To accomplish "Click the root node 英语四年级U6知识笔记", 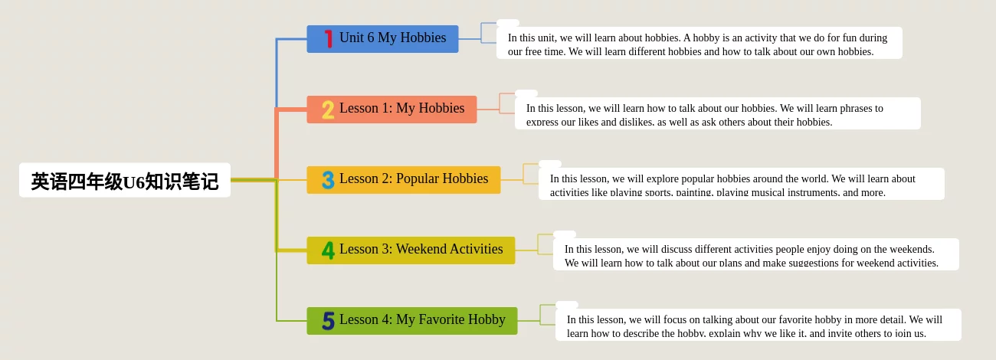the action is [x=124, y=180].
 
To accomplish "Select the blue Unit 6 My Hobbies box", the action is [x=382, y=39].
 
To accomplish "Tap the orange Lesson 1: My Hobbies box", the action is [x=392, y=110].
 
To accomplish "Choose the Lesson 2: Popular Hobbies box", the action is [x=404, y=179].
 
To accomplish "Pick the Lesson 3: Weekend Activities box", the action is [x=411, y=250].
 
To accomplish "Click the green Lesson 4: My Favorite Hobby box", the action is [x=412, y=321].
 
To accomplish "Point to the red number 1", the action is [x=329, y=38].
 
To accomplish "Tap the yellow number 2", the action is [x=328, y=110].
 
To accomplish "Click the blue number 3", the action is [x=328, y=180].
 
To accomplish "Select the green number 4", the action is [x=328, y=250].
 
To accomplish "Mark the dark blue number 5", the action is [x=328, y=321].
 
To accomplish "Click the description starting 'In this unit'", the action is [x=699, y=43].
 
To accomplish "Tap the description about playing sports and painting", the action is [x=742, y=184].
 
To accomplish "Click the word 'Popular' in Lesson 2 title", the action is [x=417, y=178].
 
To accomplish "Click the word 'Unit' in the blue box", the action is [x=351, y=38].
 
